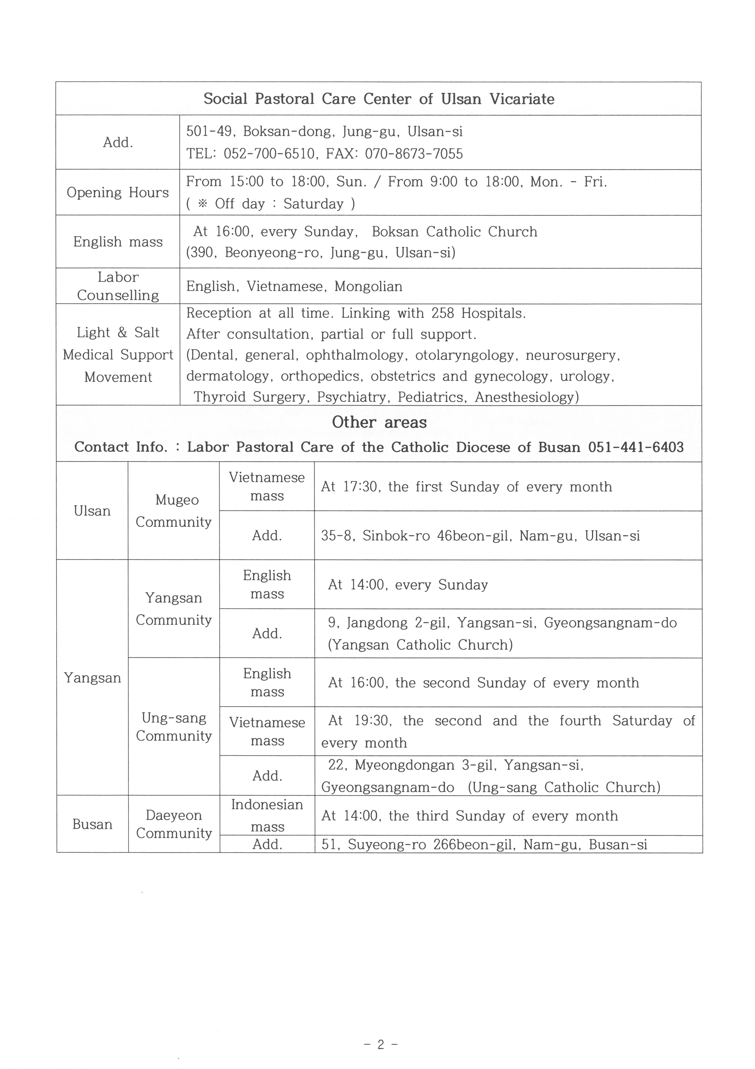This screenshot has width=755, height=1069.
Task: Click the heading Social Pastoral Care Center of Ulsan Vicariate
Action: pyautogui.click(x=379, y=99)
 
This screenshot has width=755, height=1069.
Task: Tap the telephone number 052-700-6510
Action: pyautogui.click(x=269, y=154)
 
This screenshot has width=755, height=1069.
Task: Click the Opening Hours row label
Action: pyautogui.click(x=118, y=192)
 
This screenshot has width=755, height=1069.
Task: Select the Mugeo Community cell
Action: pyautogui.click(x=174, y=511)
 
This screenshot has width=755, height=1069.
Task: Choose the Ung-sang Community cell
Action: pyautogui.click(x=174, y=727)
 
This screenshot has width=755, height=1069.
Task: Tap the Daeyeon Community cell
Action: pyautogui.click(x=174, y=824)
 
